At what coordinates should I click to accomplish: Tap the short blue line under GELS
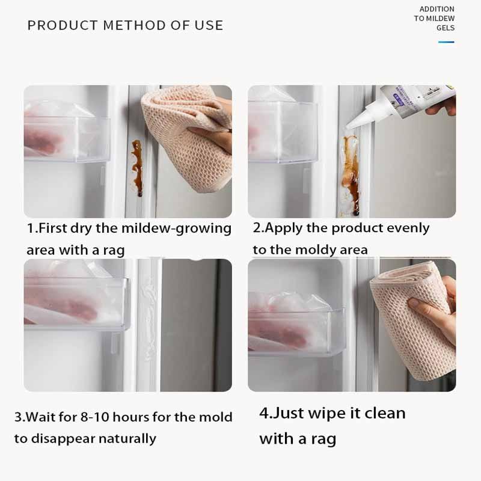(446, 42)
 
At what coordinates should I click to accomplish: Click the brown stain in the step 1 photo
(138, 168)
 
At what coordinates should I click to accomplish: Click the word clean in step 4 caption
(381, 414)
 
